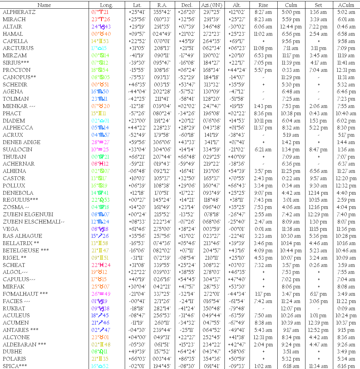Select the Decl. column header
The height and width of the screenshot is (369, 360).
[x=187, y=5]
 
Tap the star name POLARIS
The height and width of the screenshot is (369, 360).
[x=14, y=359]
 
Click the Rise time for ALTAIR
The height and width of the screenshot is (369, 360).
[x=263, y=27]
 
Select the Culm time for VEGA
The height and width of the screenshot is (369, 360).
[x=291, y=229]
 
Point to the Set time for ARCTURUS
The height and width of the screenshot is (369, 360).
[x=319, y=48]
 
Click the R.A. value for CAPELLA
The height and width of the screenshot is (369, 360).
[x=162, y=41]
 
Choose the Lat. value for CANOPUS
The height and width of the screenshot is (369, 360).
[x=137, y=77]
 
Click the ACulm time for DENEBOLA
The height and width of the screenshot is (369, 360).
[x=346, y=193]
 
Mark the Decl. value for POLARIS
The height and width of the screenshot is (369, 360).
[x=187, y=359]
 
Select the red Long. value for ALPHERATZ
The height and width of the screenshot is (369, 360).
[x=100, y=12]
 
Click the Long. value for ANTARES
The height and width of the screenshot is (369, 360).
[x=100, y=330]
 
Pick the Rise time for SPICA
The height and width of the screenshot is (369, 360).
[x=263, y=366]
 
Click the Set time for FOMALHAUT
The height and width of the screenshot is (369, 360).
[x=319, y=294]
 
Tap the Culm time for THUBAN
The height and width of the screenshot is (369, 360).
[x=291, y=157]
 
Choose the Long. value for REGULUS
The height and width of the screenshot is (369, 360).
[x=100, y=200]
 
